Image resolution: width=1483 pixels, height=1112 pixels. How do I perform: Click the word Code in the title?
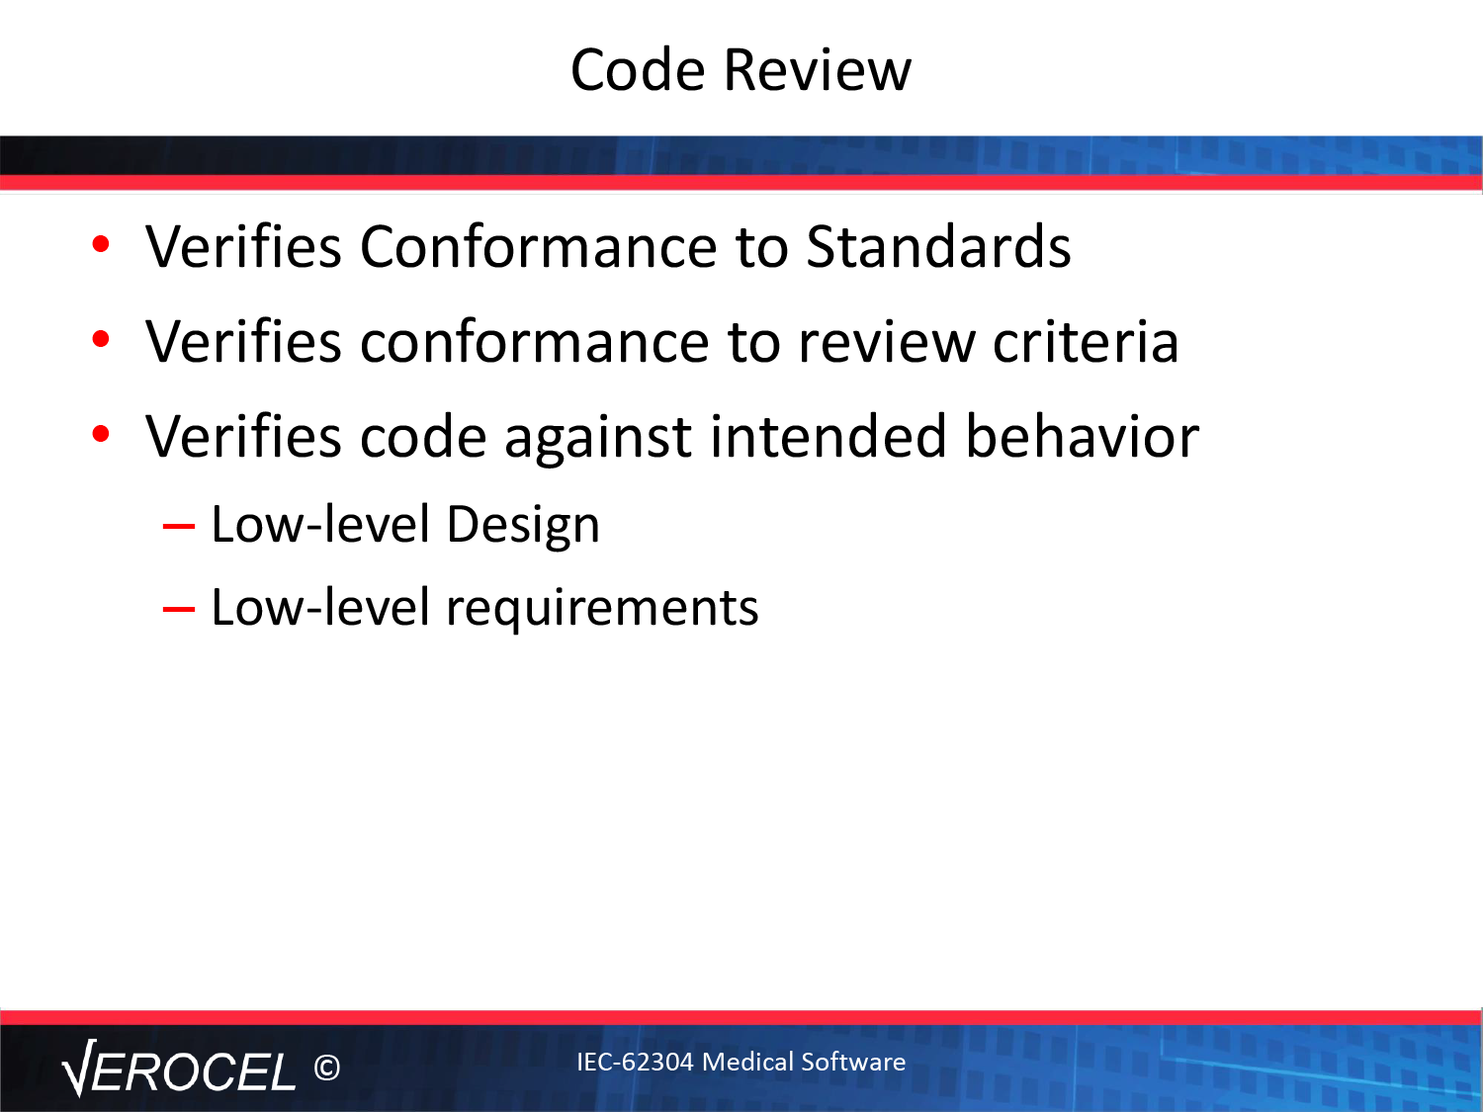[638, 69]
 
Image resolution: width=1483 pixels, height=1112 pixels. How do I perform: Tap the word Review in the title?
[818, 69]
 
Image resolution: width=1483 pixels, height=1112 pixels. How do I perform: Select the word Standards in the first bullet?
[938, 246]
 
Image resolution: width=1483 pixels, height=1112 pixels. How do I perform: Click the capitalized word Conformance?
[539, 246]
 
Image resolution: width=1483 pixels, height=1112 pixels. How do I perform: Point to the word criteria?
[1086, 342]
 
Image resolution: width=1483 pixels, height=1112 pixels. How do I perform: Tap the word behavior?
[1083, 437]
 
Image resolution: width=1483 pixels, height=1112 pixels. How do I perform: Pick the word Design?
[523, 526]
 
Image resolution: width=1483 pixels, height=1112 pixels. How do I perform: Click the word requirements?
[603, 609]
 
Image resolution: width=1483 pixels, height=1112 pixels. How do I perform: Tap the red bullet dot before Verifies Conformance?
[101, 244]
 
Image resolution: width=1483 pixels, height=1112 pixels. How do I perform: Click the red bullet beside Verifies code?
[101, 434]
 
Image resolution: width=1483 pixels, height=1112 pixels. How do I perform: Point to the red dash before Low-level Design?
[179, 526]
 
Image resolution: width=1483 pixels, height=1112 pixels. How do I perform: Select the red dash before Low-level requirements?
[179, 609]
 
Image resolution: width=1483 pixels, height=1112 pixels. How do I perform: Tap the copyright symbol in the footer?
[327, 1068]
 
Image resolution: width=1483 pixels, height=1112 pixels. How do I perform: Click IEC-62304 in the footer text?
[635, 1062]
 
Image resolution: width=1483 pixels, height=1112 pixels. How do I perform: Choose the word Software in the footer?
[853, 1062]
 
